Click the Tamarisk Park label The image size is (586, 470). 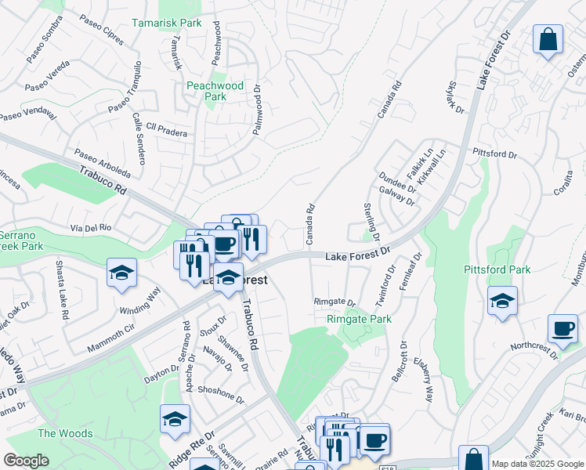pyautogui.click(x=166, y=23)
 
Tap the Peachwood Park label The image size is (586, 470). pyautogui.click(x=215, y=91)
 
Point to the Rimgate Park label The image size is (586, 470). pyautogui.click(x=359, y=319)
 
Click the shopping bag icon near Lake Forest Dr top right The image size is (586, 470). pyautogui.click(x=548, y=39)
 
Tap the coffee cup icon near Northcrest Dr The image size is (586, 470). pyautogui.click(x=562, y=328)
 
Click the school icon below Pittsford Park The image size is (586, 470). pyautogui.click(x=502, y=301)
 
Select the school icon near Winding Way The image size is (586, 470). pyautogui.click(x=122, y=273)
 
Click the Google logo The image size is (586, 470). pyautogui.click(x=27, y=461)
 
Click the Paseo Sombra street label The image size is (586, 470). pyautogui.click(x=44, y=49)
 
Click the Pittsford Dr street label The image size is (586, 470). pyautogui.click(x=495, y=154)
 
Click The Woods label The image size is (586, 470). pyautogui.click(x=65, y=433)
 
